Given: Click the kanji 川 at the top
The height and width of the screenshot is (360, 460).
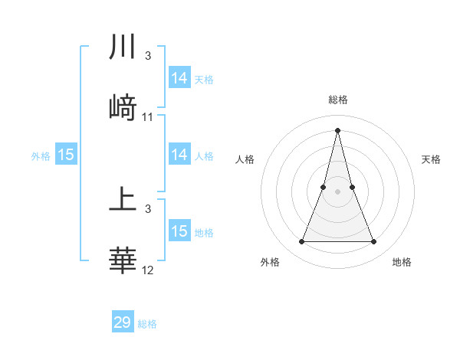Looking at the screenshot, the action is point(123,47).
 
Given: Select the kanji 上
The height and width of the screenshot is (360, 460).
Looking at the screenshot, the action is point(123,201).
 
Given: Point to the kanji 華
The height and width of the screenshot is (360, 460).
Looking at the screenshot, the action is point(123,261).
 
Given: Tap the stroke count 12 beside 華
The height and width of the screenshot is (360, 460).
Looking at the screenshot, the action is point(148,270).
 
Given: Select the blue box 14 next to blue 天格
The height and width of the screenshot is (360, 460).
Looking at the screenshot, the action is point(179,78).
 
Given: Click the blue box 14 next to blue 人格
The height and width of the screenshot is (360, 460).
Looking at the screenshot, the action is point(179,155).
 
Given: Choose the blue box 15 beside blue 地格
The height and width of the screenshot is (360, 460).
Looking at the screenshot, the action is point(179,231).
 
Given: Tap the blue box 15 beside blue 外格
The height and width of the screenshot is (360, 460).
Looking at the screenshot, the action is point(66,155).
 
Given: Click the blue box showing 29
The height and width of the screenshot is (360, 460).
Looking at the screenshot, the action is point(123,322).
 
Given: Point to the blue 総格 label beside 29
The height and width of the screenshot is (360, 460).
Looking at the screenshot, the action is point(148,324).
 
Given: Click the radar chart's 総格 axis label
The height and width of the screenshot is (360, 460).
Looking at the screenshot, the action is point(338,100).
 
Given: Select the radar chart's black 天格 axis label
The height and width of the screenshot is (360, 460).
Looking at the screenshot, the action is point(432,159).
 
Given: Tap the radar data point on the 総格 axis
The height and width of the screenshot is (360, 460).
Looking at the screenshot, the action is point(338,129).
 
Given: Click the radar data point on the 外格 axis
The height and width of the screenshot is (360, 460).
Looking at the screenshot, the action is point(302,242).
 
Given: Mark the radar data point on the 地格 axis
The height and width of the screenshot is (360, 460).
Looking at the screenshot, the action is point(374,242).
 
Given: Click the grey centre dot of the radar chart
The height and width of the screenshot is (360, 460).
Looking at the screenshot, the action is point(338,191).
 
